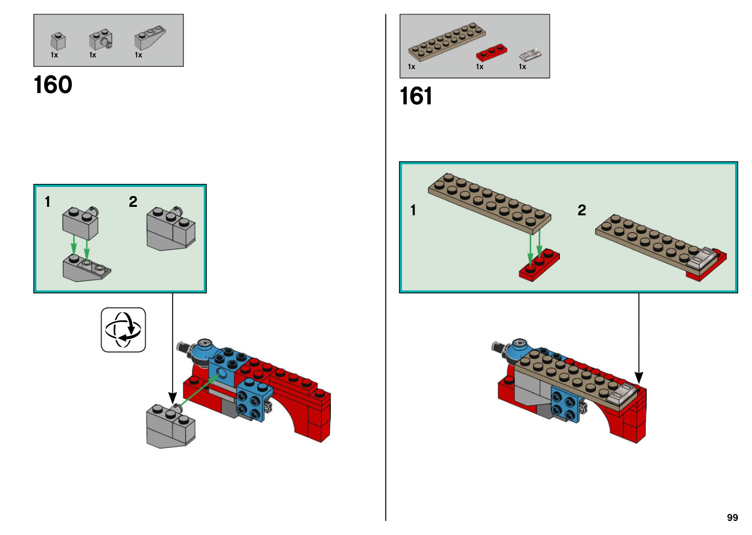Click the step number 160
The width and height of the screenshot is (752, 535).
click(x=53, y=85)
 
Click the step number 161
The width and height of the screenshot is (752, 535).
click(x=416, y=96)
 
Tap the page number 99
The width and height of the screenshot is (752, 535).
click(x=732, y=518)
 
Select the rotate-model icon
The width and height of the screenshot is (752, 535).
click(x=123, y=330)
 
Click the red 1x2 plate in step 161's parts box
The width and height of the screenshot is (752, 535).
click(x=491, y=52)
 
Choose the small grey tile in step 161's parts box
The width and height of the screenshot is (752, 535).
click(x=530, y=55)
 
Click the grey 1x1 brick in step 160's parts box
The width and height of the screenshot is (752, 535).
click(x=58, y=41)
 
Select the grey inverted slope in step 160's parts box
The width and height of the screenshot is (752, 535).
click(x=149, y=38)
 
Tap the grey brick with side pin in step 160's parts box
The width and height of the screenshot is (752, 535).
click(x=100, y=40)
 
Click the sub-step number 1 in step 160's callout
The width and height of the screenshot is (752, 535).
click(x=47, y=202)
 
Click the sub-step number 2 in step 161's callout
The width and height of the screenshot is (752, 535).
click(x=582, y=210)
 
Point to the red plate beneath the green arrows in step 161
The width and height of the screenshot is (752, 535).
click(x=539, y=266)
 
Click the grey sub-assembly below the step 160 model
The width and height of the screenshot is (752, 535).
click(x=171, y=426)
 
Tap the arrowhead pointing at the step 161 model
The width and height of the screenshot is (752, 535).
click(x=639, y=378)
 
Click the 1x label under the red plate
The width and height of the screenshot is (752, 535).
click(x=479, y=67)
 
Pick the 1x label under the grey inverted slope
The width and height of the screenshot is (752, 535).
click(x=139, y=55)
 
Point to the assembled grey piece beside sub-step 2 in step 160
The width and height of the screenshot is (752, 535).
click(x=171, y=229)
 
